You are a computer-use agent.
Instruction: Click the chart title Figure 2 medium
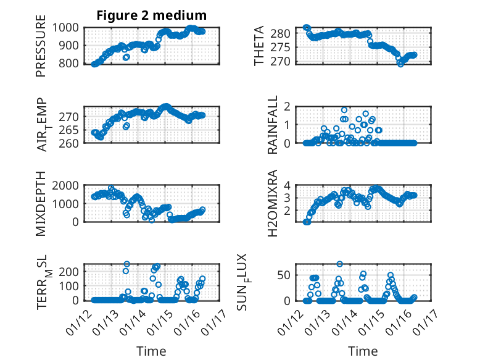(151, 15)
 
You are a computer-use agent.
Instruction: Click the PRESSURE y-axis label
(41, 50)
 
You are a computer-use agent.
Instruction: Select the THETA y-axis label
(260, 46)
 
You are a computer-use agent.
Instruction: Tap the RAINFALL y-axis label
(272, 125)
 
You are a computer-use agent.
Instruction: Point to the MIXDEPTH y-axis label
(41, 203)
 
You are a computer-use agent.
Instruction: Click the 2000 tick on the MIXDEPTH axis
(69, 185)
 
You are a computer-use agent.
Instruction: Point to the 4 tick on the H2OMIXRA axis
(286, 185)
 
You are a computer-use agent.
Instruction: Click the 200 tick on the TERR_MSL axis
(72, 271)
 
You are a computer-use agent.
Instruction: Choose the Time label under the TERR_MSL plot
(151, 351)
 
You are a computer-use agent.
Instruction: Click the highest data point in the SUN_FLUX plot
(340, 264)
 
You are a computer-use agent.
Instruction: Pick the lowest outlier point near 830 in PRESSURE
(126, 57)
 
